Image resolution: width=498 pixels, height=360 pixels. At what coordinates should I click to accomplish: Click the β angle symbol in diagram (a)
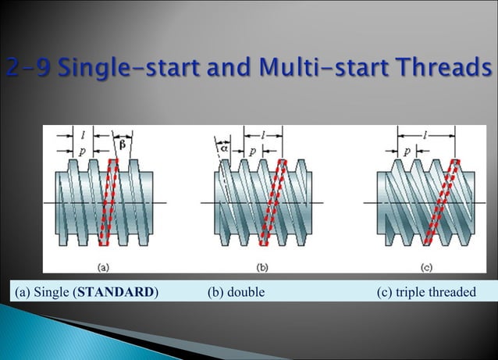(122, 144)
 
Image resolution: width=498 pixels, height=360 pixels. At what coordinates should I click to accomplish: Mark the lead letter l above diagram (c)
(426, 135)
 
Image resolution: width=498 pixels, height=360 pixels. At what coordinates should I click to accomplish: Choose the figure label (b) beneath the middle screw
(263, 267)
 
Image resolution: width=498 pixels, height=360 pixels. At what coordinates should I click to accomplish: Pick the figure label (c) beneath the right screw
(426, 267)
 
